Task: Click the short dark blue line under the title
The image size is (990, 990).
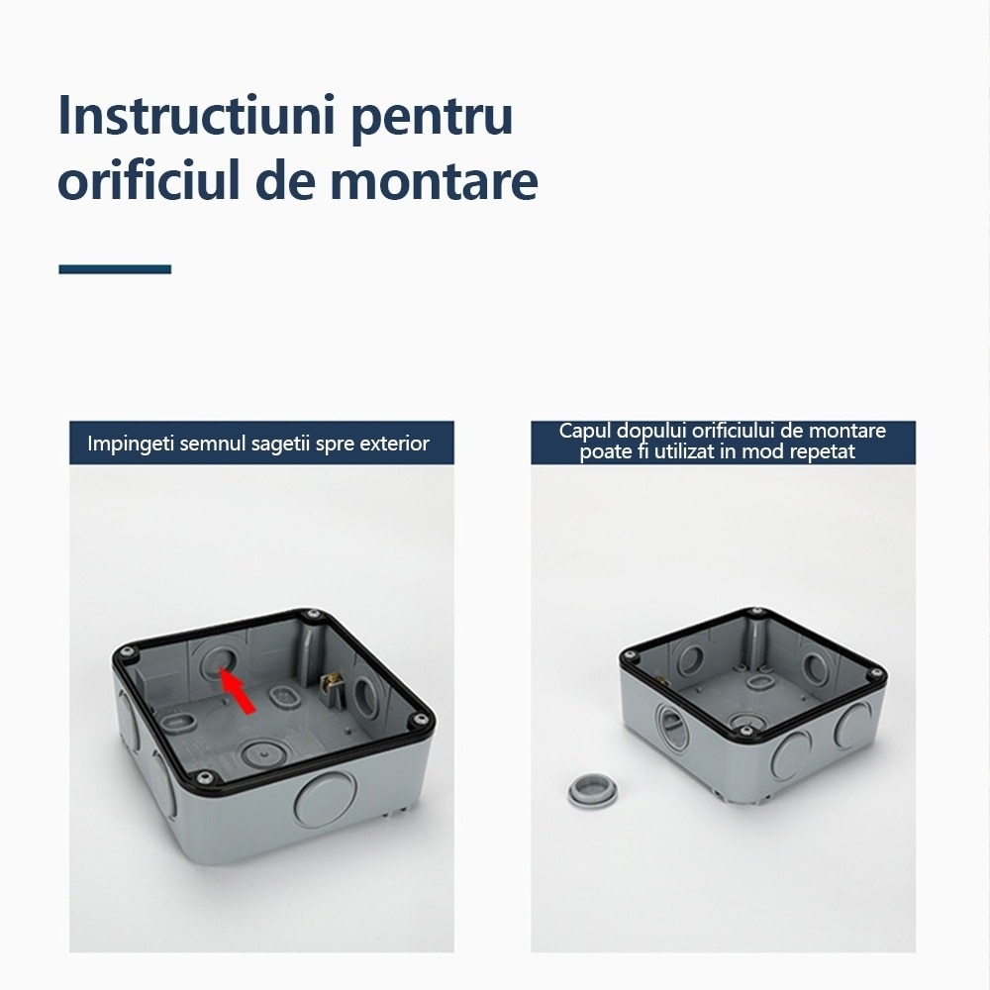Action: click(115, 269)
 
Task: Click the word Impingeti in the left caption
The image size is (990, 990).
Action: click(127, 443)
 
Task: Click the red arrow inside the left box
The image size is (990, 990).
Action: click(238, 690)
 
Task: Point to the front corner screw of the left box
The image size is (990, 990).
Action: click(202, 774)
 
